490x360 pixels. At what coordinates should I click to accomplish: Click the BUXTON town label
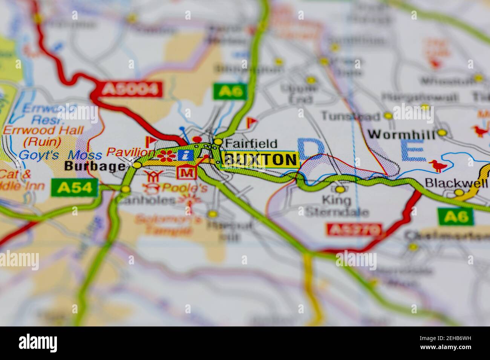click(260, 160)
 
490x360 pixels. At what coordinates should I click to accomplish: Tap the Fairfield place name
click(251, 143)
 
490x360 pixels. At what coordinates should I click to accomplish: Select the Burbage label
click(94, 166)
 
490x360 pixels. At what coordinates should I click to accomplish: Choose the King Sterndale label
click(336, 206)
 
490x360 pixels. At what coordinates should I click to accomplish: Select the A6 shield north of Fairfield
click(230, 91)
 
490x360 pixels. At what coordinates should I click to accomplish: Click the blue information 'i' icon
click(185, 155)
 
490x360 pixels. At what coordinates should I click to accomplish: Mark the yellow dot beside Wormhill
click(442, 133)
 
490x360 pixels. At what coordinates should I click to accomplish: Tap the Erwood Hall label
click(43, 131)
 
